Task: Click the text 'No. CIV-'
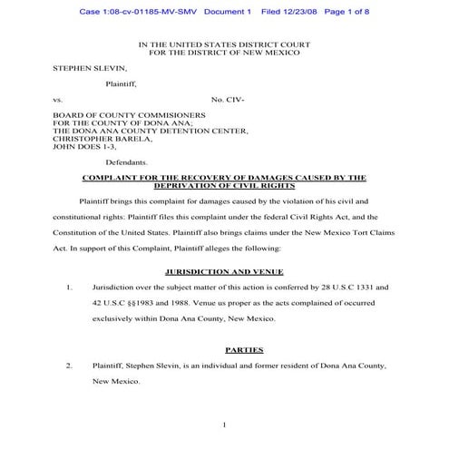coord(228,98)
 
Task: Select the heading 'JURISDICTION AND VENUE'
coord(224,271)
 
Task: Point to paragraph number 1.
coord(69,287)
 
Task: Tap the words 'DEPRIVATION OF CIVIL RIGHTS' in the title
coord(224,185)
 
